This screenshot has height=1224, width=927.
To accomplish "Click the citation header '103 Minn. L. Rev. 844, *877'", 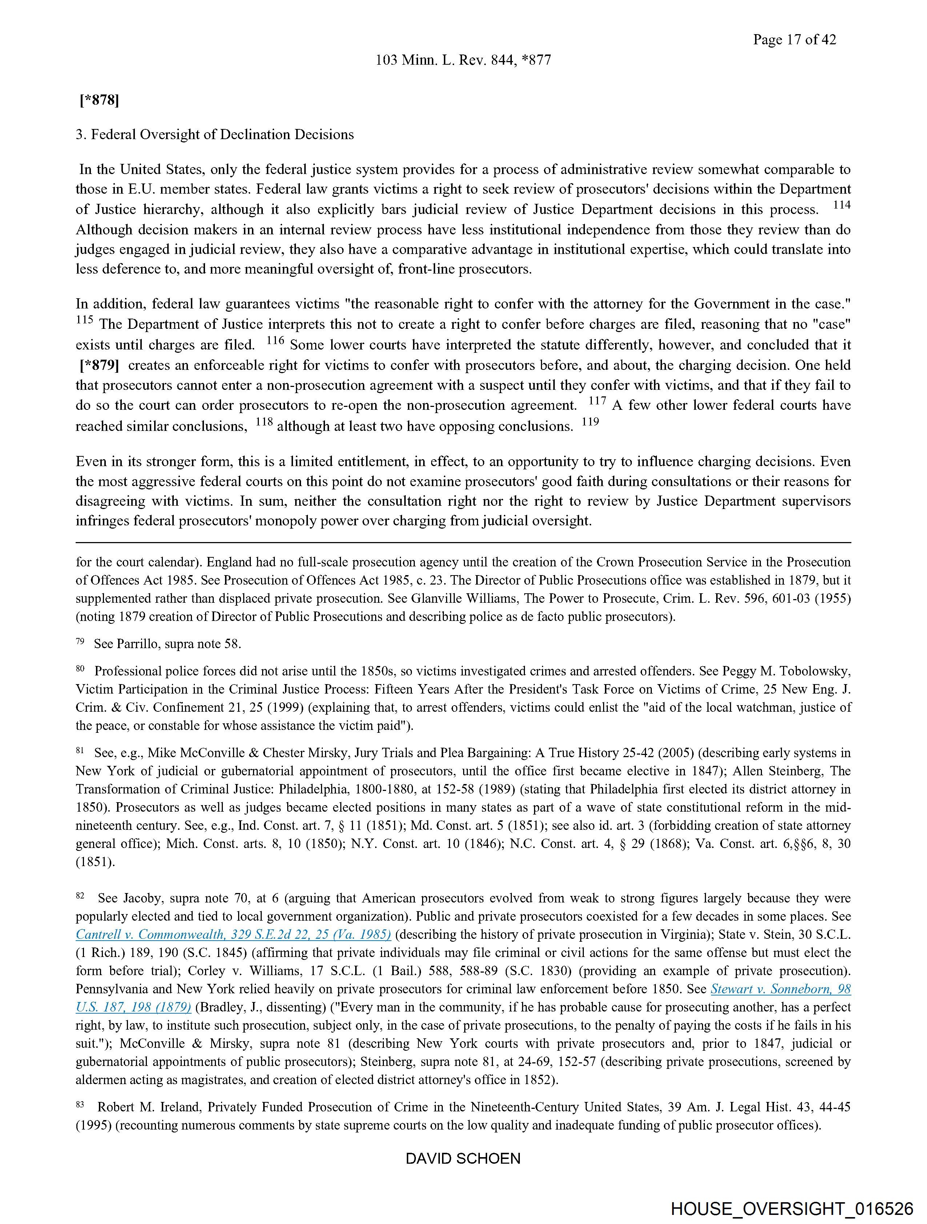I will [463, 60].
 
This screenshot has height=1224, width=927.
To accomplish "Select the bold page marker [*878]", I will [99, 100].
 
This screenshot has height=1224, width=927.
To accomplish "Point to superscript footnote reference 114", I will [842, 205].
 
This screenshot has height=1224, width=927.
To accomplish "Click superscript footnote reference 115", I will [84, 320].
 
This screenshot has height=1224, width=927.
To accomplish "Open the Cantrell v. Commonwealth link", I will [233, 934].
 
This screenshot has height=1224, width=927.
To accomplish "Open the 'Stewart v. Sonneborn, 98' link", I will [780, 989].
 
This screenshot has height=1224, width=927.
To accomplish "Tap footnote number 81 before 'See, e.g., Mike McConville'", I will [80, 750].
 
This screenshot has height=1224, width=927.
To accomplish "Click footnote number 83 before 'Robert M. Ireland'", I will [80, 1104].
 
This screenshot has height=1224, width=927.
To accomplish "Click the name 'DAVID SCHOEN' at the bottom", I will [463, 1159].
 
